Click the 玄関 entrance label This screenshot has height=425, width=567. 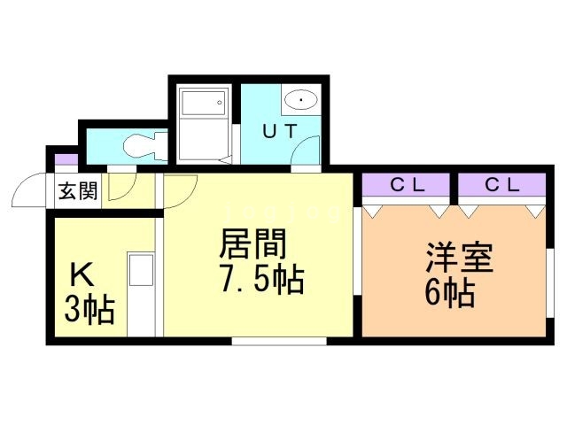click(78, 191)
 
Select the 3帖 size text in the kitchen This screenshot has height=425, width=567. click(89, 310)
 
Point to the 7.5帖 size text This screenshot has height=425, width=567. click(261, 281)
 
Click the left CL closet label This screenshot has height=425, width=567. click(408, 185)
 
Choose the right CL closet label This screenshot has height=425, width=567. click(501, 185)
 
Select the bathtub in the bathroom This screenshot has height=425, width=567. click(205, 123)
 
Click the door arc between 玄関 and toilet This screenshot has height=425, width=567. click(122, 184)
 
